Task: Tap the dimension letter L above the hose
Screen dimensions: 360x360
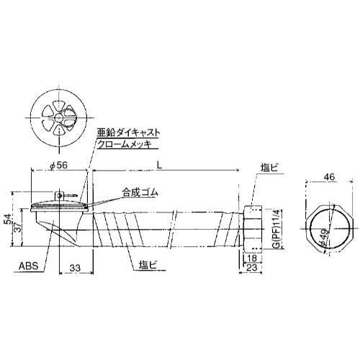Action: [159, 165]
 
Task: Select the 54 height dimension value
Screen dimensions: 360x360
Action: [8, 219]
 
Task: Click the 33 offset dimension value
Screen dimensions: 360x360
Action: [75, 268]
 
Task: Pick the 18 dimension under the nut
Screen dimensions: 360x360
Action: [252, 258]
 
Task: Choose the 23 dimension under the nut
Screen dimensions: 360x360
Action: [252, 267]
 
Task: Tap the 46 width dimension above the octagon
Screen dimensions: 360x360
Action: [329, 177]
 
